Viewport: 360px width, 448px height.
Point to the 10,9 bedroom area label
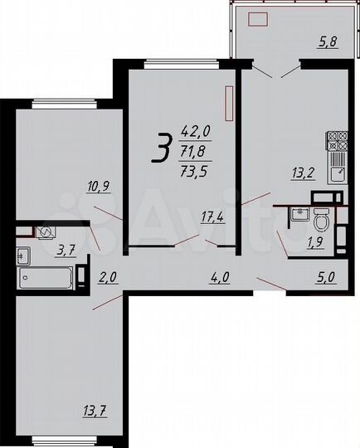99,187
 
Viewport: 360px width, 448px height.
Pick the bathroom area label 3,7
65,248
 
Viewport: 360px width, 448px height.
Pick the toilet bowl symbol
321,220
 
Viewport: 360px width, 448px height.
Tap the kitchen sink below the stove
338,173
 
